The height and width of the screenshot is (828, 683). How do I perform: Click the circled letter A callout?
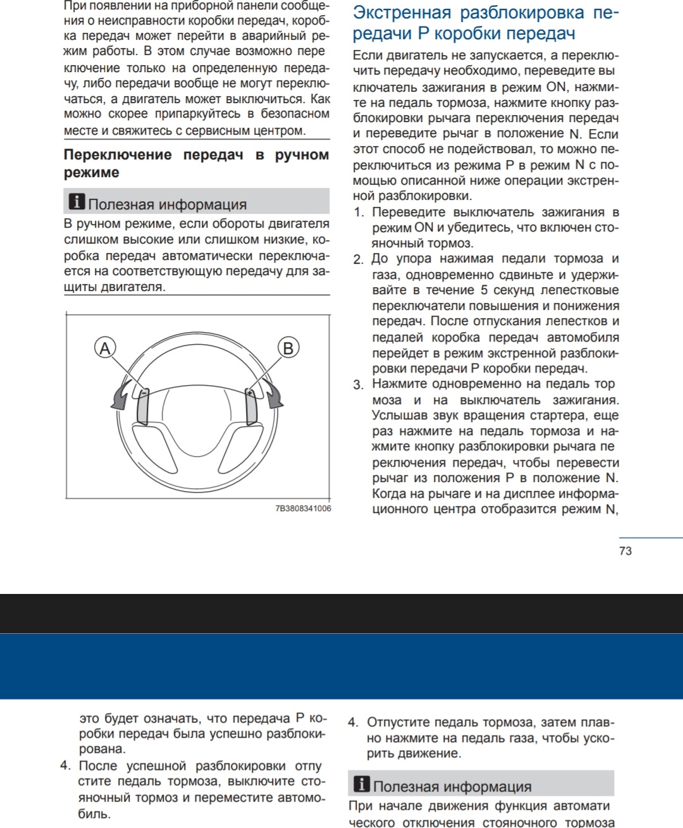[x=105, y=348]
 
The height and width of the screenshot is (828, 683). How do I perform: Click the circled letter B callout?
[x=288, y=348]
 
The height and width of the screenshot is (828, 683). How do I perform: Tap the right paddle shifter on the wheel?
[x=252, y=406]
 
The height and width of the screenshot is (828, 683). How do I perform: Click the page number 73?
[x=625, y=551]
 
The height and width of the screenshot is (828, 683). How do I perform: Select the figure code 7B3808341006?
[x=303, y=509]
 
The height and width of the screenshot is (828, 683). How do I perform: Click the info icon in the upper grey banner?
[x=77, y=202]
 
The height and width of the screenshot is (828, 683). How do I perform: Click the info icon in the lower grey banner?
[x=362, y=784]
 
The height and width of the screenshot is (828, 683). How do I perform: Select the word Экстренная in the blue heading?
[x=402, y=13]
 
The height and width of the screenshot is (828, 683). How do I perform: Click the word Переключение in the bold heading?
[x=118, y=155]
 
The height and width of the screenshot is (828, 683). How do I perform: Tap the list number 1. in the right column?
[x=359, y=213]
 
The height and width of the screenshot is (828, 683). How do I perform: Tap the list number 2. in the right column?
[x=359, y=259]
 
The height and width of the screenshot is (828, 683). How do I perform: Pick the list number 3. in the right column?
[x=359, y=385]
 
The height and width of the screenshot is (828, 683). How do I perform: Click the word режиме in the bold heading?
[x=92, y=173]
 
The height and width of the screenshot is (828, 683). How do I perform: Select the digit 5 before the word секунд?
[x=484, y=290]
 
